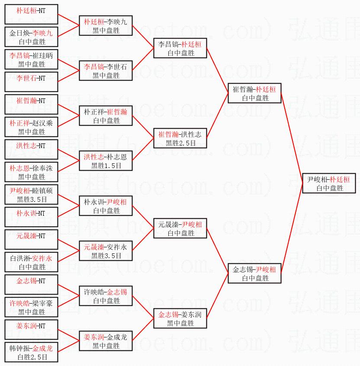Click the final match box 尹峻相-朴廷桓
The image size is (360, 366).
[x=329, y=183]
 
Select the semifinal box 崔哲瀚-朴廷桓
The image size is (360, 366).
[x=254, y=93]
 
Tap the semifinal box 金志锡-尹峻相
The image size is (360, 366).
[x=254, y=273]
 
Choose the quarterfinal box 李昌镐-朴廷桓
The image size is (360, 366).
[x=180, y=48]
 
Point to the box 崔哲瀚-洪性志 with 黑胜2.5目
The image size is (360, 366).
[x=180, y=138]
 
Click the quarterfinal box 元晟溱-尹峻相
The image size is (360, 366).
[x=180, y=228]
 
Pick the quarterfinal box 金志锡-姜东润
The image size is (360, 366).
[x=180, y=318]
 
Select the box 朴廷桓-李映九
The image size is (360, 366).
[x=106, y=26]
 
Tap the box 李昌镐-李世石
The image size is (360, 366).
[x=106, y=71]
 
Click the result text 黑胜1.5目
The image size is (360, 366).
[x=106, y=166]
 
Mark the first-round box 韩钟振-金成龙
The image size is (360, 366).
[x=31, y=352]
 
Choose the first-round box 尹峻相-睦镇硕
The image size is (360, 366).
[x=31, y=194]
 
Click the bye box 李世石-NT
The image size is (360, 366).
[x=31, y=82]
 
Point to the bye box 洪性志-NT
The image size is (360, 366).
[x=31, y=149]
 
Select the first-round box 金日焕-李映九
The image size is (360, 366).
[x=31, y=37]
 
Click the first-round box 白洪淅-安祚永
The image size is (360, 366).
[x=31, y=262]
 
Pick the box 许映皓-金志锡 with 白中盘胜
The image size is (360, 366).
[x=106, y=296]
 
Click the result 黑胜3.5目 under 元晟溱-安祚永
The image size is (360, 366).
[x=106, y=256]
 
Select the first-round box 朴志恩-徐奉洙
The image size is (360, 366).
[x=31, y=172]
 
